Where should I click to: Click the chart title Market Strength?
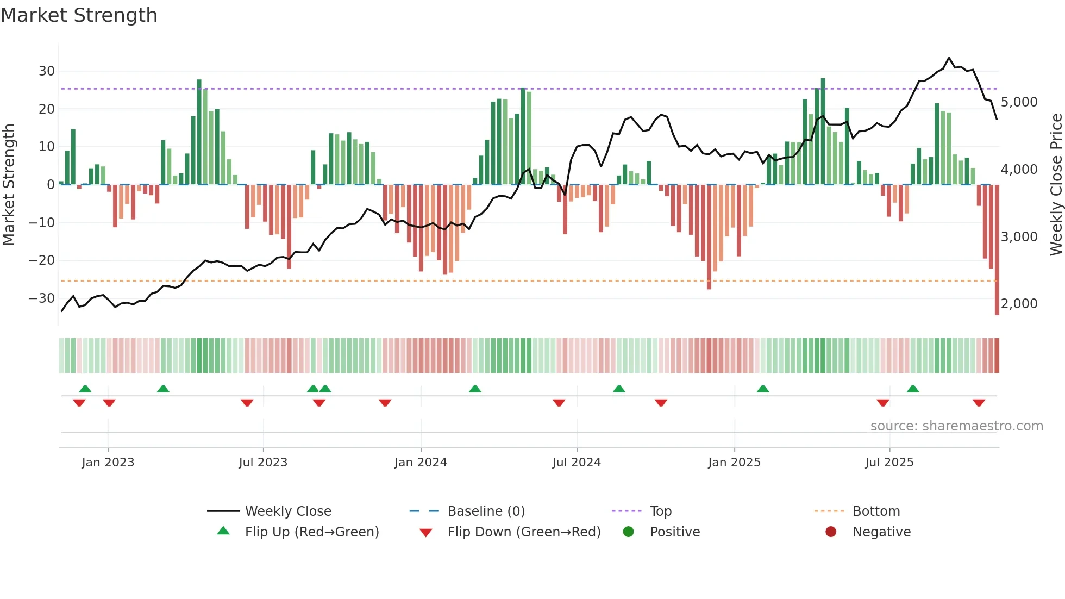click(x=79, y=15)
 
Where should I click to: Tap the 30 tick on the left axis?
click(x=47, y=71)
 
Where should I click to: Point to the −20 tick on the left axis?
click(x=42, y=260)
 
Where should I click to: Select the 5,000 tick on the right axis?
click(x=1019, y=102)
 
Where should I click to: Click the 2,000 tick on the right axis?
click(x=1019, y=304)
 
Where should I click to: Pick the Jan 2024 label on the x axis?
click(x=421, y=463)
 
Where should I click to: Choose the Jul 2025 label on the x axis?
click(x=889, y=463)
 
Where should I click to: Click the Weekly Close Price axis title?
click(x=1056, y=185)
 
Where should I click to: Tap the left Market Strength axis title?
click(x=9, y=185)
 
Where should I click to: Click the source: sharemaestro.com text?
click(x=956, y=426)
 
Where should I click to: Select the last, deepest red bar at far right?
click(x=997, y=250)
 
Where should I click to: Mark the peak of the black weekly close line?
click(x=949, y=58)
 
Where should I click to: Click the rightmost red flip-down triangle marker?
click(x=979, y=403)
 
